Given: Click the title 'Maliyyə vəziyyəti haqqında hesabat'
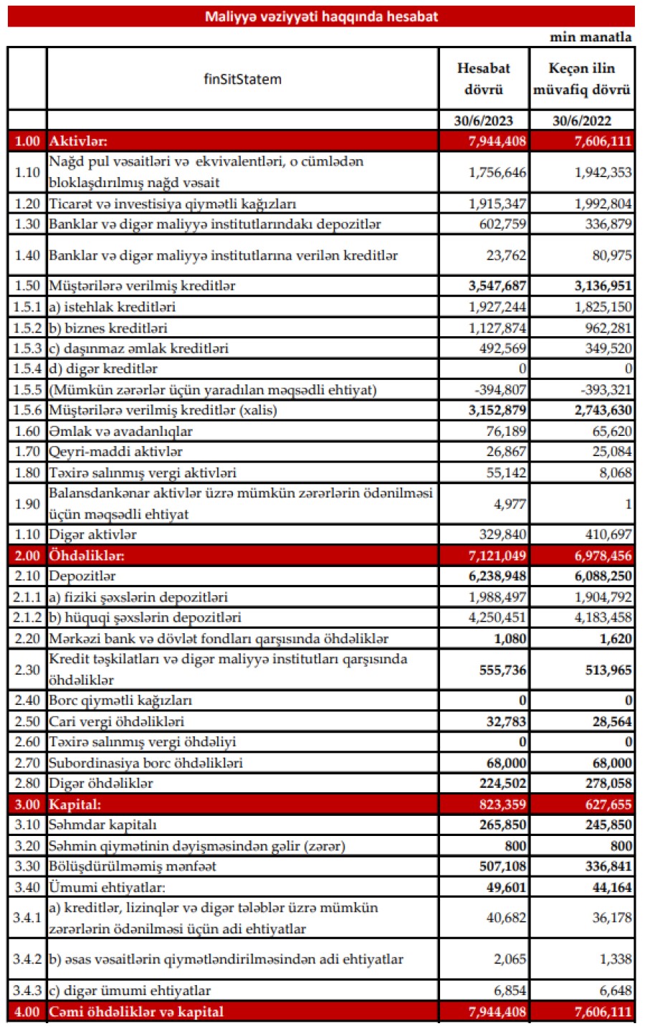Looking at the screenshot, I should [321, 16].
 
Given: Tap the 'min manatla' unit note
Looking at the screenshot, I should [591, 37].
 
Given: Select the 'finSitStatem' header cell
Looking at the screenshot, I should [242, 79].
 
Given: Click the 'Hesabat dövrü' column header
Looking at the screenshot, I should [484, 79].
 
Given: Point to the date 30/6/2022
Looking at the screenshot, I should [582, 120].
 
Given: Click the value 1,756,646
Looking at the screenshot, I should [497, 172].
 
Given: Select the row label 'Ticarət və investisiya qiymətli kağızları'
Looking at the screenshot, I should [173, 204].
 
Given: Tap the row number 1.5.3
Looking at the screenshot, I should [27, 348].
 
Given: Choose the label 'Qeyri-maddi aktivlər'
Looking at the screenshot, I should [115, 452].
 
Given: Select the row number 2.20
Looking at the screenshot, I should [27, 638].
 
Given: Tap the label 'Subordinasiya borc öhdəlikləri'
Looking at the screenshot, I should [145, 763].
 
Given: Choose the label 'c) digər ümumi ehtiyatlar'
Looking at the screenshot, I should [130, 991].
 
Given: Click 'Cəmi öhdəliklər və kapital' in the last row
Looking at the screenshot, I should [136, 1012].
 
